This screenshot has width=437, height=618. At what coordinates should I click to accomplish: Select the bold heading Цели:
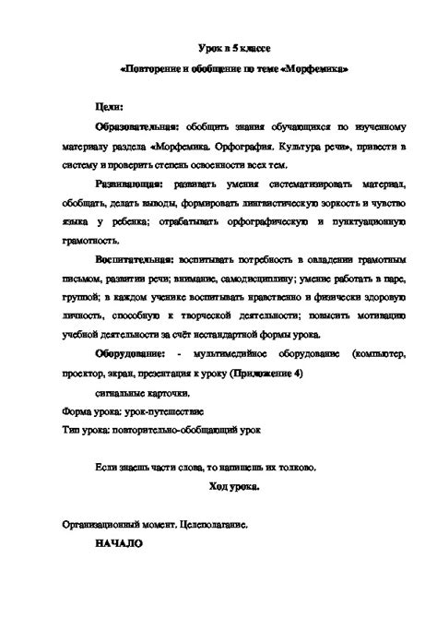pos(112,108)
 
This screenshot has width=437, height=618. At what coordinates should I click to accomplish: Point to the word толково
pos(296,468)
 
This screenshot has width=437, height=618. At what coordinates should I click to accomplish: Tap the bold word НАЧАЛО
pos(118,543)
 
